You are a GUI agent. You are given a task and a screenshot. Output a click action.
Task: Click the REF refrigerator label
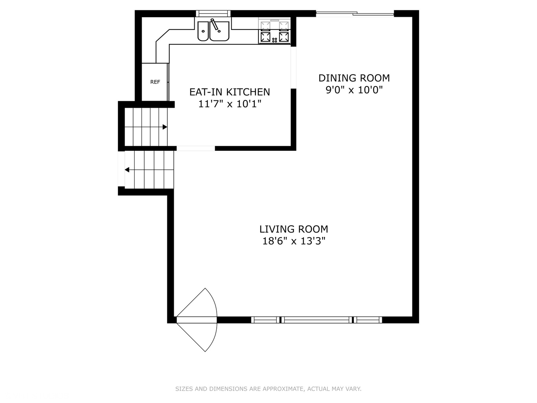point(155,82)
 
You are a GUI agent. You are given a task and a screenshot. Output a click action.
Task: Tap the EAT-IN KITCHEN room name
point(230,92)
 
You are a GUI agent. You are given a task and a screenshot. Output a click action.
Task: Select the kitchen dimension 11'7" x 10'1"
point(230,104)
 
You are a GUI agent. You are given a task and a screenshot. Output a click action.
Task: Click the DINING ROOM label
point(354,78)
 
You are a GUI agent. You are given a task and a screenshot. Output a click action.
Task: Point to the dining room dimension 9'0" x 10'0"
point(354,90)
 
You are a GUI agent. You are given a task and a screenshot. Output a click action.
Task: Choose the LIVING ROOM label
point(294,229)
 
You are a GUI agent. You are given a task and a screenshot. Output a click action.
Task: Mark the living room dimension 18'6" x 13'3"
point(294,241)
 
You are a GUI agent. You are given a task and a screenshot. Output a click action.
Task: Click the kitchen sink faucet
point(216,25)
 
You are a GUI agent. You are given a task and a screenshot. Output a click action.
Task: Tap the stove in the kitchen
point(274,31)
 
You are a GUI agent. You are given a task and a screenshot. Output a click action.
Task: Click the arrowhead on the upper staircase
point(165,127)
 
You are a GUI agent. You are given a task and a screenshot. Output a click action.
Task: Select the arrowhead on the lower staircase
point(127,169)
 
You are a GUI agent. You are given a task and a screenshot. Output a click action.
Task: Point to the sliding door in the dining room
point(355,14)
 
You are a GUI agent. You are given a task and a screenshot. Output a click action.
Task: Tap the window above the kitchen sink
point(213,13)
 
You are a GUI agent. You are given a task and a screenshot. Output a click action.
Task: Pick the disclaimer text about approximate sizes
point(268,389)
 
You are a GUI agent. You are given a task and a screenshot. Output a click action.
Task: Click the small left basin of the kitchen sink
point(203,31)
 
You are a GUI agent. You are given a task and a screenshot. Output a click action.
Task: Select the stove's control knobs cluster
point(275,40)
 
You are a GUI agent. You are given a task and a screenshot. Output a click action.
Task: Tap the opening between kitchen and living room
point(196,148)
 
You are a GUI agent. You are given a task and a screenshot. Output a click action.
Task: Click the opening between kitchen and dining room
point(293,68)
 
